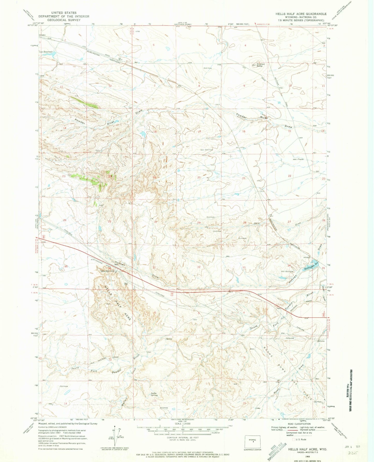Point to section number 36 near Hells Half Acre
pos(109,268)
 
